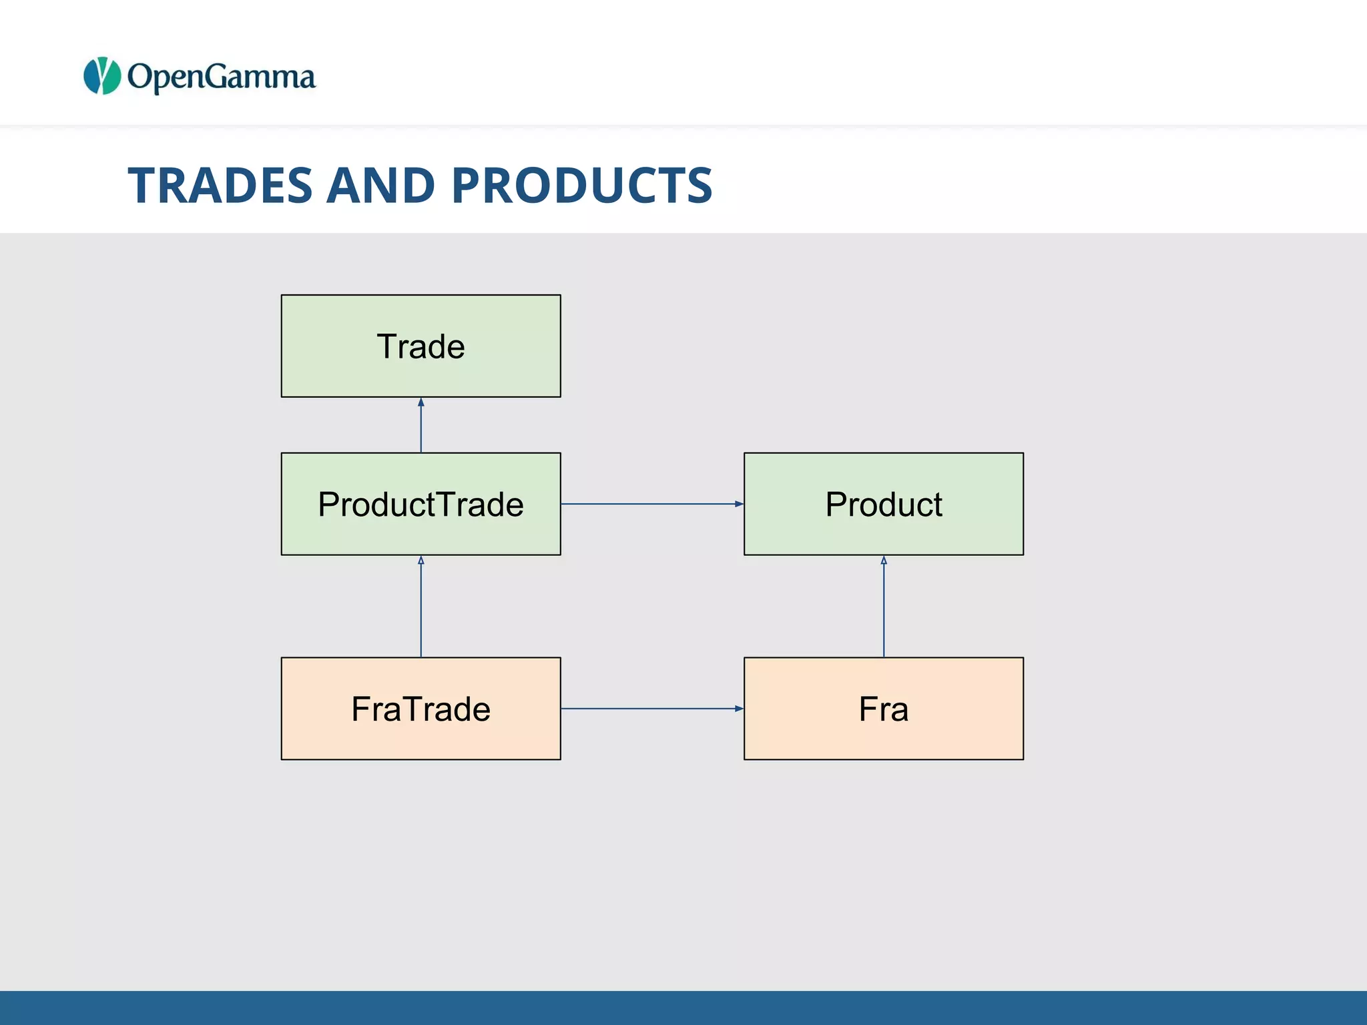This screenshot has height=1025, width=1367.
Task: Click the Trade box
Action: click(421, 346)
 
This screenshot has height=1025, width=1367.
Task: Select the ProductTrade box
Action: click(421, 504)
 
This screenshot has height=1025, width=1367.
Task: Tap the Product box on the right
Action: click(883, 504)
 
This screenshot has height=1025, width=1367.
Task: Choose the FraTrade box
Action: click(421, 708)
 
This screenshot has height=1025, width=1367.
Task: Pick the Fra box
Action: click(883, 708)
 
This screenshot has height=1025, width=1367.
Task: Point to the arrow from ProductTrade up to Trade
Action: click(421, 427)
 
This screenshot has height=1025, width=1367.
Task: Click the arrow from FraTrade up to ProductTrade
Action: click(421, 607)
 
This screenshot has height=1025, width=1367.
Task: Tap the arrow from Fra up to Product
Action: click(883, 607)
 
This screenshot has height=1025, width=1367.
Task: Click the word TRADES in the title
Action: click(220, 185)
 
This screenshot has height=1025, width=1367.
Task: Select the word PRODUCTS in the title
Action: click(582, 185)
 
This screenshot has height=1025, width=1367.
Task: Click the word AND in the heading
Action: click(381, 185)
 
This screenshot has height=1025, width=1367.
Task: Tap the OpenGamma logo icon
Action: click(102, 76)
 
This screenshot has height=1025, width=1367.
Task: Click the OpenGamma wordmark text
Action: click(221, 77)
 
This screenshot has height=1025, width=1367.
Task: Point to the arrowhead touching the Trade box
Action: click(421, 402)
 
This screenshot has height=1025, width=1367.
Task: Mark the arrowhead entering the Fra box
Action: click(739, 708)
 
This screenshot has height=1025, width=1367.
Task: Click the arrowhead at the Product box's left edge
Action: click(739, 504)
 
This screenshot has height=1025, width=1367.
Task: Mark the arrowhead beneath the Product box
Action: click(883, 561)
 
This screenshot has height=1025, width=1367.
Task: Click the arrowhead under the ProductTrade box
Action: click(421, 561)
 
